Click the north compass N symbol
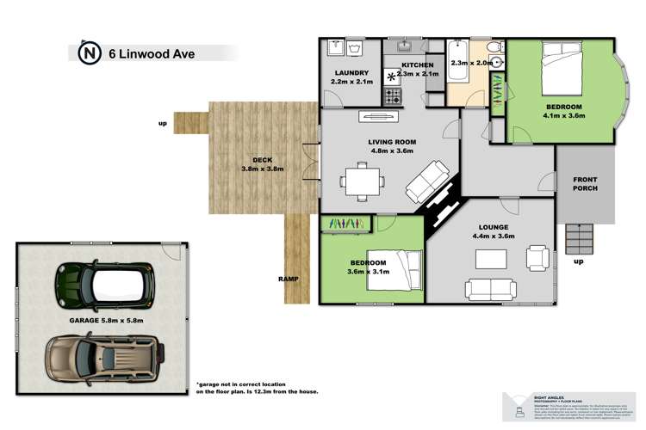click(88, 53)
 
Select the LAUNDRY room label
click(350, 73)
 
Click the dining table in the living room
click(356, 181)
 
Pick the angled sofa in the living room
click(425, 181)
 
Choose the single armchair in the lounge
click(537, 256)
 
